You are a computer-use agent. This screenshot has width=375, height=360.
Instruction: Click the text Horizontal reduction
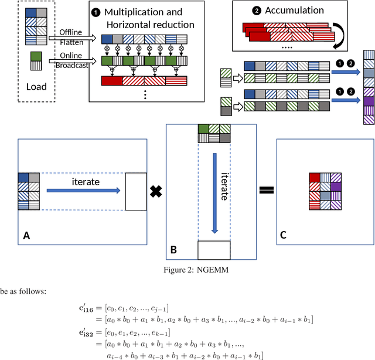151,24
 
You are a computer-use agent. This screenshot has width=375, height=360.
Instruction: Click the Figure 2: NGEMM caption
187,270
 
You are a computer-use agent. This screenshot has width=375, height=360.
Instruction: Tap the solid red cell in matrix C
315,177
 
